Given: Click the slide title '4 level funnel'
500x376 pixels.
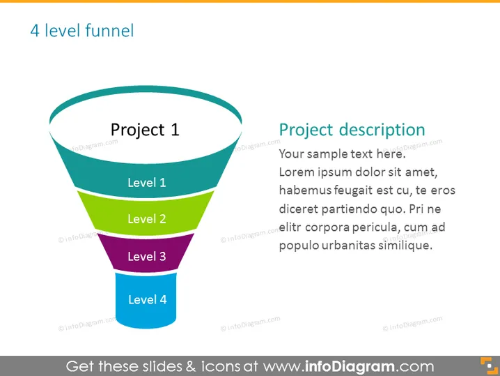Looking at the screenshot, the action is tap(82, 31).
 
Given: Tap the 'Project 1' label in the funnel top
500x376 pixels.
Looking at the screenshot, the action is tap(145, 130).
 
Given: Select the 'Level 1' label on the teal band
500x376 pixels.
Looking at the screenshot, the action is tap(147, 182).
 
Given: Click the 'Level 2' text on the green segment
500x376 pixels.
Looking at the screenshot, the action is tap(147, 219).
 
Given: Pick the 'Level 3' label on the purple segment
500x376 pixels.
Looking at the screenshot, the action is tap(147, 256).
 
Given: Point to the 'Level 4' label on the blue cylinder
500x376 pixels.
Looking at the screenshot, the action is tap(148, 300).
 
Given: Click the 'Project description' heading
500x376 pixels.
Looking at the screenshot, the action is tap(352, 130).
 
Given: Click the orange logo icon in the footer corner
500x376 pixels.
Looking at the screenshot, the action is tap(489, 366).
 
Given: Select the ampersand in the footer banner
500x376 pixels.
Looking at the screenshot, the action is tap(191, 366).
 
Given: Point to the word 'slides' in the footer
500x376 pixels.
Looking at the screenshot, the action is tap(162, 366).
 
